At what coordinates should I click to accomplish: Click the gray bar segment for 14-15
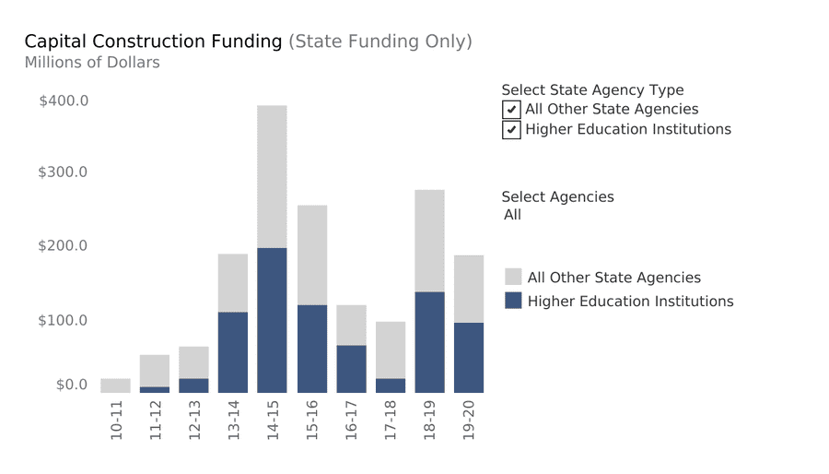point(272,176)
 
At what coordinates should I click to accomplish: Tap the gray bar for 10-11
point(115,385)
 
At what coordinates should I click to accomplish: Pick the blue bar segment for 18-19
point(429,342)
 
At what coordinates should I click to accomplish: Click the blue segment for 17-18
point(390,385)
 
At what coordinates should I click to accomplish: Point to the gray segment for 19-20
point(469,289)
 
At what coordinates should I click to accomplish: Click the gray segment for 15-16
point(312,255)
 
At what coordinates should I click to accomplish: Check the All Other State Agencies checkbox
point(511,110)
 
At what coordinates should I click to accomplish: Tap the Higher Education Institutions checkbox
point(511,130)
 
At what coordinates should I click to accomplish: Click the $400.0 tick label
point(64,101)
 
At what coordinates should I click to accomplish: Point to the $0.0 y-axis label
point(72,385)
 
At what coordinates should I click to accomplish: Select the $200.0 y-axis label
point(64,246)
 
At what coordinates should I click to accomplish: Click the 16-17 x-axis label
point(352,421)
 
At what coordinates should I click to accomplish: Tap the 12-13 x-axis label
point(194,421)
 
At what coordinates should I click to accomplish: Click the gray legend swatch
point(513,277)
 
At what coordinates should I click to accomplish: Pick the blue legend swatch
point(513,301)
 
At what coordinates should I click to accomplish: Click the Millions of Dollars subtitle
point(92,63)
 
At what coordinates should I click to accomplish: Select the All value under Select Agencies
point(513,215)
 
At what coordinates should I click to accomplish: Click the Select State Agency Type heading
point(592,90)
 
